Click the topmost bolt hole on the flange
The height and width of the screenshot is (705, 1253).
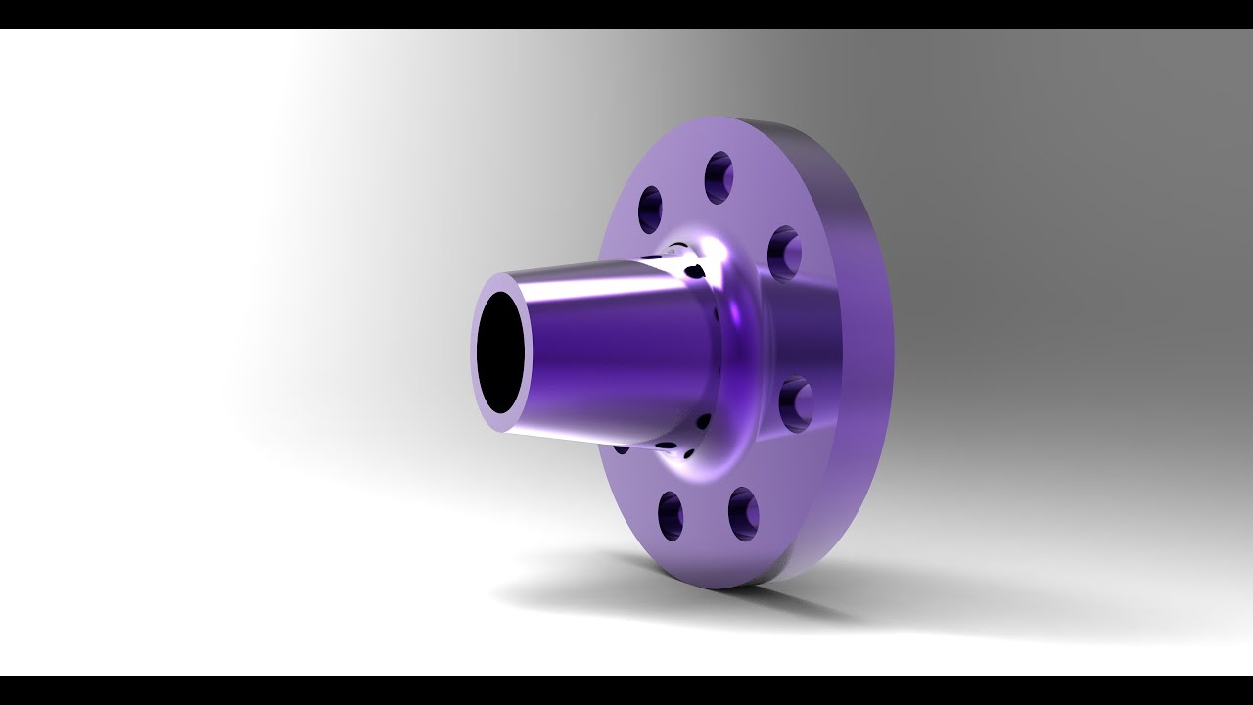[719, 177]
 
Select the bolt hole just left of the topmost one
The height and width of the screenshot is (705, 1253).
[651, 209]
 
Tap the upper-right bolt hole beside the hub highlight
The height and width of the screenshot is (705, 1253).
[784, 252]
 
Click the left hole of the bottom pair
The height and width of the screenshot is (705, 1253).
[671, 515]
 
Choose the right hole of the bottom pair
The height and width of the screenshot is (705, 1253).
[743, 514]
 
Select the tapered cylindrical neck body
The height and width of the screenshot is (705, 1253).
[617, 352]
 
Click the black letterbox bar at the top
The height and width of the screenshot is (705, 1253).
[626, 14]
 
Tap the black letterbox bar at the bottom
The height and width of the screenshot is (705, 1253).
[626, 690]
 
